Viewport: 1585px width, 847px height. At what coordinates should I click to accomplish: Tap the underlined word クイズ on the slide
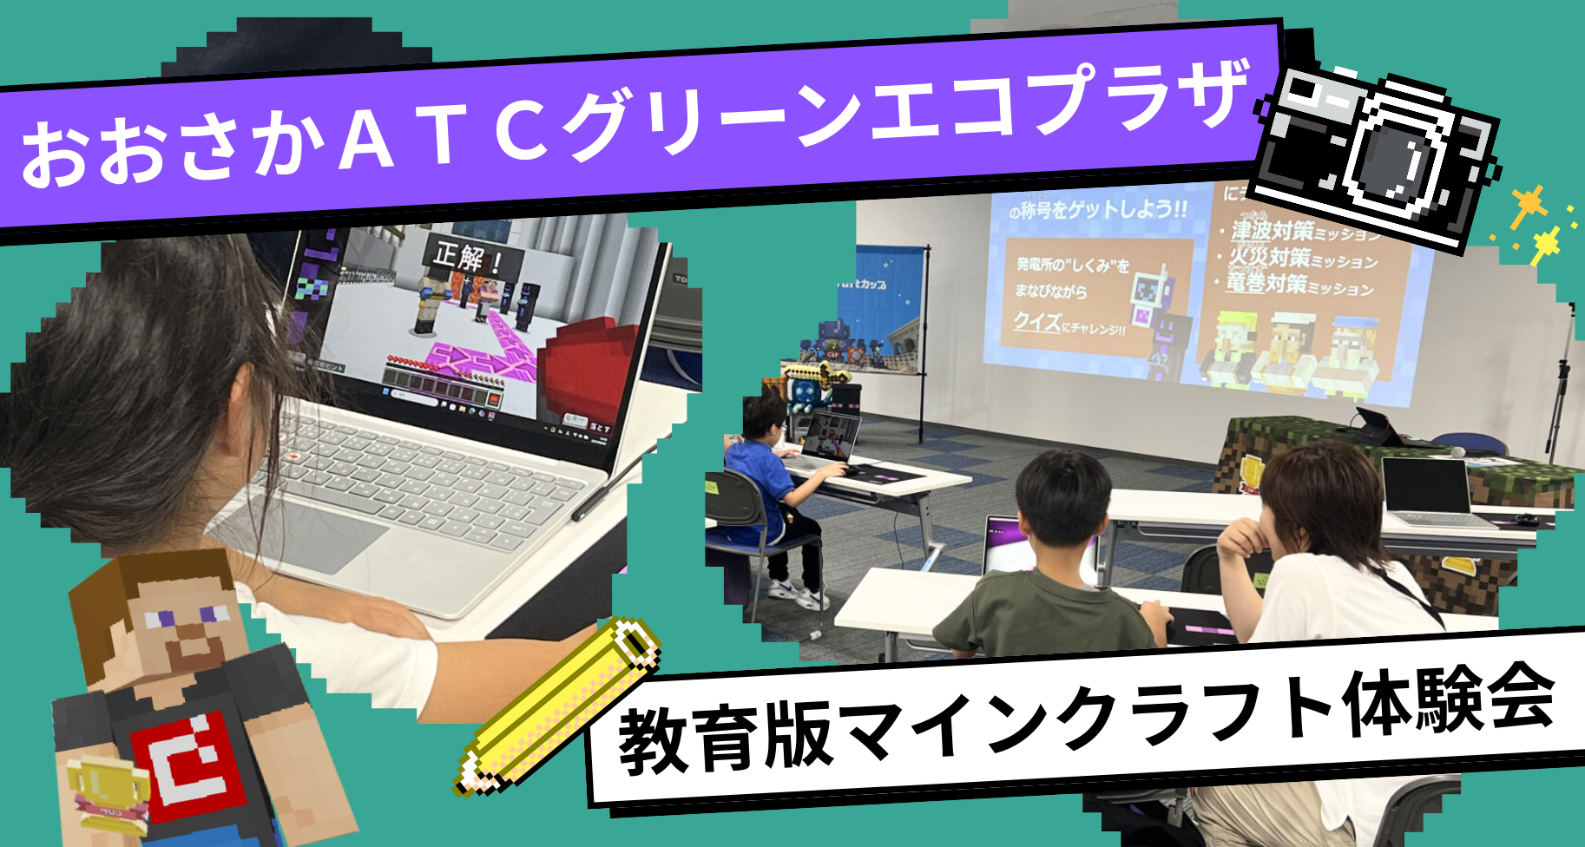click(x=1037, y=322)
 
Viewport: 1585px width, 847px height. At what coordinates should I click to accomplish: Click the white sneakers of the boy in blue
click(x=799, y=594)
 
